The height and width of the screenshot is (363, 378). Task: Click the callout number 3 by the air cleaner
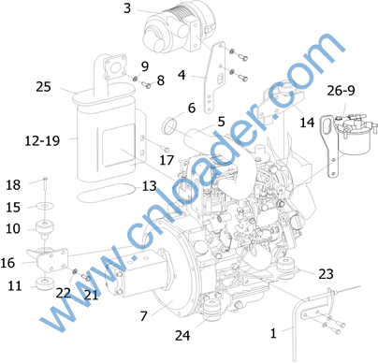click(x=127, y=8)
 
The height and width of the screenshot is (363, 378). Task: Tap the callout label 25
click(x=43, y=87)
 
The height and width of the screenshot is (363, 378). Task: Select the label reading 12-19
click(x=42, y=141)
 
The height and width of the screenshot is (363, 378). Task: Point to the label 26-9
click(x=341, y=91)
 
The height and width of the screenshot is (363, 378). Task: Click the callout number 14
click(x=307, y=123)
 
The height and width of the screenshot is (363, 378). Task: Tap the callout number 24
click(x=182, y=336)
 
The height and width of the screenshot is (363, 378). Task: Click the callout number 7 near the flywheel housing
click(x=143, y=316)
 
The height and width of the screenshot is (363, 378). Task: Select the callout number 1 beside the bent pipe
click(x=273, y=333)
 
